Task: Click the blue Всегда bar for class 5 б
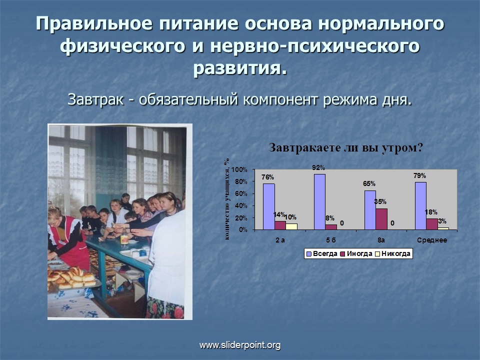pyautogui.click(x=319, y=201)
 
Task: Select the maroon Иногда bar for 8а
pyautogui.click(x=381, y=219)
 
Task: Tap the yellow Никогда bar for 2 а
pyautogui.click(x=291, y=226)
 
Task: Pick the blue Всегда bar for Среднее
pyautogui.click(x=420, y=205)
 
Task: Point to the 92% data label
pyautogui.click(x=318, y=168)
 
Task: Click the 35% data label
pyautogui.click(x=380, y=201)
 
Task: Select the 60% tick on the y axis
pyautogui.click(x=241, y=193)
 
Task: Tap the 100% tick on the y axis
pyautogui.click(x=239, y=169)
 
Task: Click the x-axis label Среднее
pyautogui.click(x=432, y=240)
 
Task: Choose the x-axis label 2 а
pyautogui.click(x=280, y=240)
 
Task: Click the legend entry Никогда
pyautogui.click(x=393, y=254)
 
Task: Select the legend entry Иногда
pyautogui.click(x=356, y=254)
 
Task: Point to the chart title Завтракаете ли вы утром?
pyautogui.click(x=346, y=148)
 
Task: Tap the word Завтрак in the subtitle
pyautogui.click(x=95, y=100)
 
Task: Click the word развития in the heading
pyautogui.click(x=240, y=68)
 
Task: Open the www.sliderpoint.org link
pyautogui.click(x=240, y=345)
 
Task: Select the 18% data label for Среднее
pyautogui.click(x=431, y=212)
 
